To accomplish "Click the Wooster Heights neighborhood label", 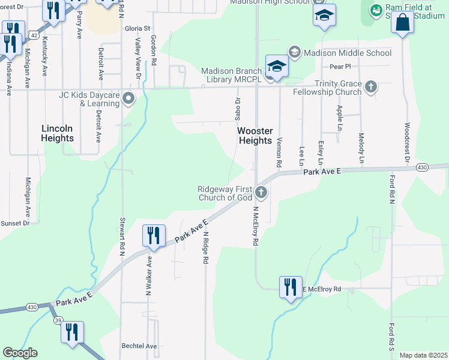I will [255, 135].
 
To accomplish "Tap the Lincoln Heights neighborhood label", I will [58, 133].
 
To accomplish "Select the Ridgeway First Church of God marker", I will [261, 193].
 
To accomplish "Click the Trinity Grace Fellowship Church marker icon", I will [371, 87].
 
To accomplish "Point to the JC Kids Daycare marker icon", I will [128, 98].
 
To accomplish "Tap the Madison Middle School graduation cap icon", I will [294, 53].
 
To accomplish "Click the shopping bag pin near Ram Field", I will [403, 25].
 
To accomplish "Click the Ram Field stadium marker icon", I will [376, 11].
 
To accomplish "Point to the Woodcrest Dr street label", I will [407, 143].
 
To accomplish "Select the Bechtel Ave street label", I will [139, 346].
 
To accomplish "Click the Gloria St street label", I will [137, 28].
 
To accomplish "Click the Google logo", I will [20, 353].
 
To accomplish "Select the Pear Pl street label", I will [340, 67].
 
